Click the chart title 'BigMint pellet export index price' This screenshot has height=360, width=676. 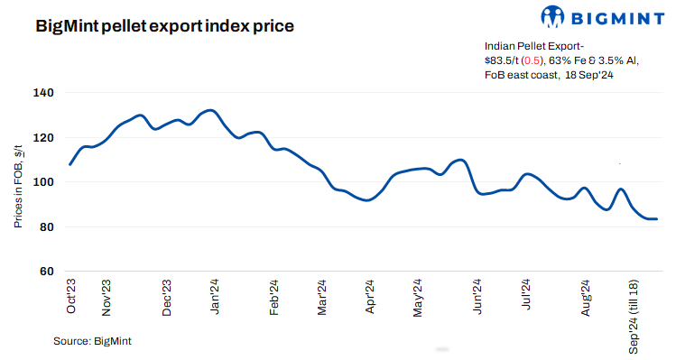click(x=164, y=26)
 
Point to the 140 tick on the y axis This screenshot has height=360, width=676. click(x=44, y=93)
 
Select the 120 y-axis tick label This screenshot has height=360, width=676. click(x=44, y=137)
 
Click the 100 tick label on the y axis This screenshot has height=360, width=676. click(x=44, y=182)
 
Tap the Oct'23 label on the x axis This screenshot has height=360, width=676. click(x=72, y=295)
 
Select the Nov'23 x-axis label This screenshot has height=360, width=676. click(x=107, y=297)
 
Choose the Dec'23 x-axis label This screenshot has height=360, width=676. click(x=167, y=297)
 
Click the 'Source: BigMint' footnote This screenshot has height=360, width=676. click(x=92, y=341)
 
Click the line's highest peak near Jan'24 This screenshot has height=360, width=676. click(x=209, y=110)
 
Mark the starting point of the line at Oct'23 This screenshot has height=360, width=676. click(x=69, y=164)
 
